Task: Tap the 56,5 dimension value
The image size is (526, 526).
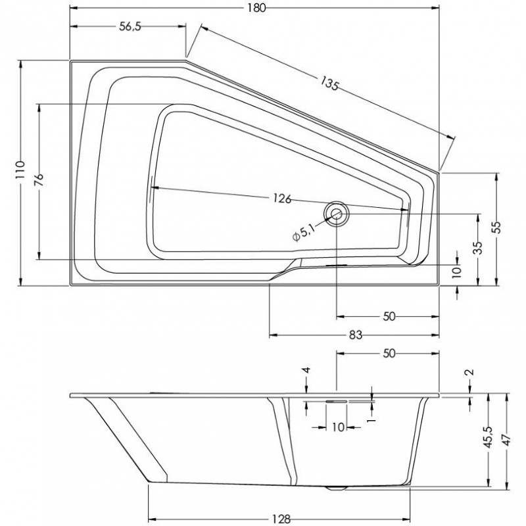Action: (130, 26)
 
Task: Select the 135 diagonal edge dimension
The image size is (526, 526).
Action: (329, 84)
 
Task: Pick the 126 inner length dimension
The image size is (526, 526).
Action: (282, 199)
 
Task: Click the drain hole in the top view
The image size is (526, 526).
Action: (337, 214)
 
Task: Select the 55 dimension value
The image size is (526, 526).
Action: (497, 227)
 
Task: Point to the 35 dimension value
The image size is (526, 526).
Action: (479, 249)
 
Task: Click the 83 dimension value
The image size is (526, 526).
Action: (356, 335)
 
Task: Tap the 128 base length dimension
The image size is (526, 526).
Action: (281, 519)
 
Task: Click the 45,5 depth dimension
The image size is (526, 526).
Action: (488, 437)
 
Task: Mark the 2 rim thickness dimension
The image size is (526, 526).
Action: (470, 371)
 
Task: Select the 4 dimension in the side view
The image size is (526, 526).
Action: (306, 370)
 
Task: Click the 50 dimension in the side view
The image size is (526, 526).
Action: (389, 353)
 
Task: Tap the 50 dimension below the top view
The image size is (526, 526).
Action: (389, 316)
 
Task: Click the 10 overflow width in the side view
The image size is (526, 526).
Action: (339, 427)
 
